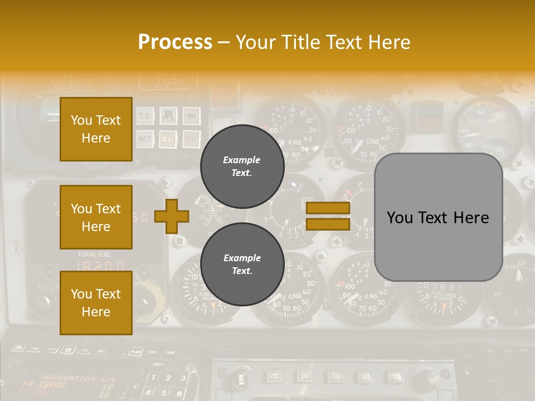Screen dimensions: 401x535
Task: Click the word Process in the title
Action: click(175, 42)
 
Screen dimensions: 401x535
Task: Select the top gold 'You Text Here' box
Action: click(96, 129)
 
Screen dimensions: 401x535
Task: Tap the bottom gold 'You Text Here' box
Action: click(96, 303)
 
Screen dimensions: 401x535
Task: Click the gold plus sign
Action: click(171, 216)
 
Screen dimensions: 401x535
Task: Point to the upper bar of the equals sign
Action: click(328, 208)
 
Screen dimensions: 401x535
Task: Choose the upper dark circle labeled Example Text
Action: click(242, 166)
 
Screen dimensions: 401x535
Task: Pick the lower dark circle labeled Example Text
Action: click(242, 264)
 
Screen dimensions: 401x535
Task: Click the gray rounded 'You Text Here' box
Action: click(438, 217)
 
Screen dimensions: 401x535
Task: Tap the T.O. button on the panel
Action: click(145, 116)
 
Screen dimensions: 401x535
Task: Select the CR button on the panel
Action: click(191, 139)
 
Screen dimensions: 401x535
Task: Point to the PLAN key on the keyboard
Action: click(134, 351)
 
